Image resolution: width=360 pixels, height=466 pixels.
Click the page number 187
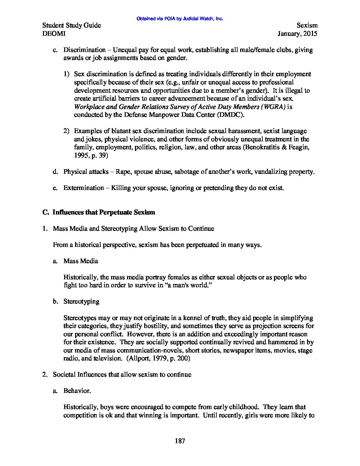tap(180, 441)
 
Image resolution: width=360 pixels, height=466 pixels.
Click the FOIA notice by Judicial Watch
tap(180, 19)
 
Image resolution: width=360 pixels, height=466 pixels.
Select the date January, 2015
tap(297, 33)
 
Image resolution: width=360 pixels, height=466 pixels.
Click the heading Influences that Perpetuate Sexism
tap(104, 212)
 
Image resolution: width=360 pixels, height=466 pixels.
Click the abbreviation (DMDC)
tap(231, 115)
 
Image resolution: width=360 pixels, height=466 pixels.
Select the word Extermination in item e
tap(83, 188)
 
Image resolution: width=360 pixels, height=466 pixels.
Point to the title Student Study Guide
tap(72, 25)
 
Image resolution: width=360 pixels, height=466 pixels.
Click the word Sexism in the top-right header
tap(307, 25)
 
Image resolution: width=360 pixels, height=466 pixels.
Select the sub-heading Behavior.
tap(77, 391)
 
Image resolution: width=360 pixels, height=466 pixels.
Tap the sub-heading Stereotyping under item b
tap(81, 302)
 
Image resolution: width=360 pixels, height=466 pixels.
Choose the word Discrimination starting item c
tap(84, 50)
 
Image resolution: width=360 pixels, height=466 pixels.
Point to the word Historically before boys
tap(80, 407)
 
